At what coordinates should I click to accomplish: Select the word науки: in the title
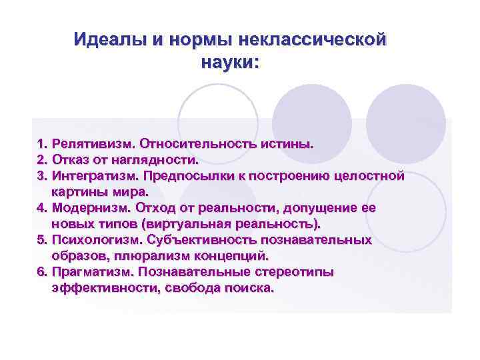(229, 63)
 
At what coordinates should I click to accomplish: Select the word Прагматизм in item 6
(94, 271)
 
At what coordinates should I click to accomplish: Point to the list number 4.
(41, 207)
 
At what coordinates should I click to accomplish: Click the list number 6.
(41, 271)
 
